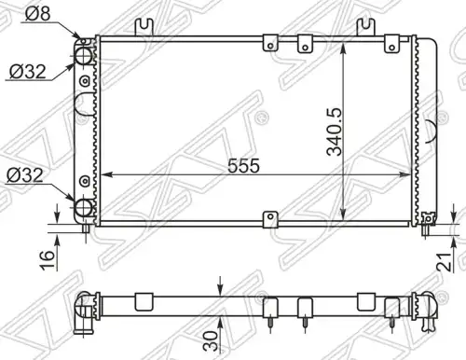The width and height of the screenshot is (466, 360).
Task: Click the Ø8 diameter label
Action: [x=37, y=14]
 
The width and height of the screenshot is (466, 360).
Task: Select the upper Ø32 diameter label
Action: [x=27, y=72]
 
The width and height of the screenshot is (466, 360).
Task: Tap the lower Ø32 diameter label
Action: [x=25, y=175]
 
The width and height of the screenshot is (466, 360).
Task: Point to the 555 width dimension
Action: [x=243, y=166]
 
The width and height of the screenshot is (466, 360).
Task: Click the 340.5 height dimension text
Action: [x=335, y=132]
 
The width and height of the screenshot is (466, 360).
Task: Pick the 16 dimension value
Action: [x=47, y=259]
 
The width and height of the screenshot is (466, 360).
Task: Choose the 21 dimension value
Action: [x=445, y=262]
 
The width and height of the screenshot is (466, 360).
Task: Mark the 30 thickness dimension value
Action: [x=211, y=341]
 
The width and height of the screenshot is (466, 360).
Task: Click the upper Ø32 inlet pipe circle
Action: [x=84, y=56]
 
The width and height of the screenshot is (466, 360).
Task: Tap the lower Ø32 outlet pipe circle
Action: [x=84, y=208]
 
